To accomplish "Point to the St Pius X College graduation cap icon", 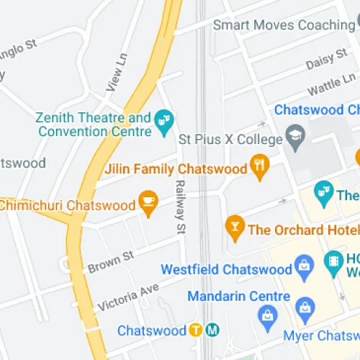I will click(x=295, y=135).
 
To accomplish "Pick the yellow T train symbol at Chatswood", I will click(x=196, y=331).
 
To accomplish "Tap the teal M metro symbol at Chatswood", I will click(x=212, y=331).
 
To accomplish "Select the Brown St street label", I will click(x=111, y=261).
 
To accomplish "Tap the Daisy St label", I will click(x=321, y=63).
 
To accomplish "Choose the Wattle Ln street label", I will click(x=331, y=86).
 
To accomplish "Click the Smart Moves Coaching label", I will click(x=284, y=25).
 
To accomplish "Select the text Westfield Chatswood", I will click(x=227, y=270).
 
